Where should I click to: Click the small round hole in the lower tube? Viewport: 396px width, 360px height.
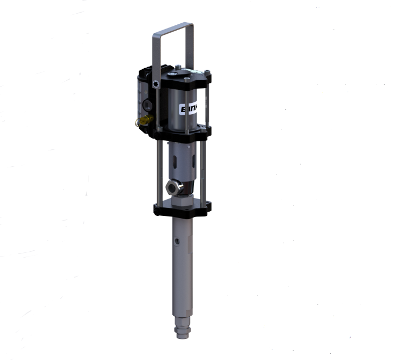pyautogui.click(x=178, y=241)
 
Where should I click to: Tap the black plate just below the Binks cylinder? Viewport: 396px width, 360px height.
pyautogui.click(x=182, y=131)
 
